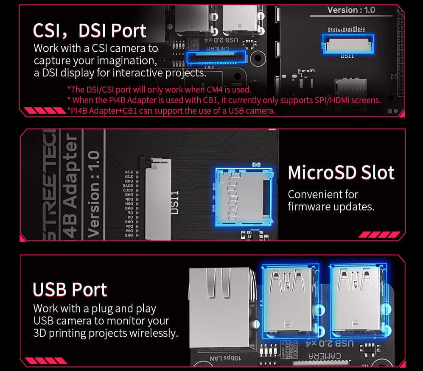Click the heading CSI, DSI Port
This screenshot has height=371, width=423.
90,31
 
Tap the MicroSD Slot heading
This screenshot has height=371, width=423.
341,173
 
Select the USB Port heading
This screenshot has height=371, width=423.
70,290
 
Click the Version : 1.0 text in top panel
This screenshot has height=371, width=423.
351,10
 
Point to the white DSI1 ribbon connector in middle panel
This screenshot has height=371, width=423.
158,198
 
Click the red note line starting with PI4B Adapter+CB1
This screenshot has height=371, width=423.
171,111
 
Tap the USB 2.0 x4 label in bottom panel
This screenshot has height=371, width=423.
324,343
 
